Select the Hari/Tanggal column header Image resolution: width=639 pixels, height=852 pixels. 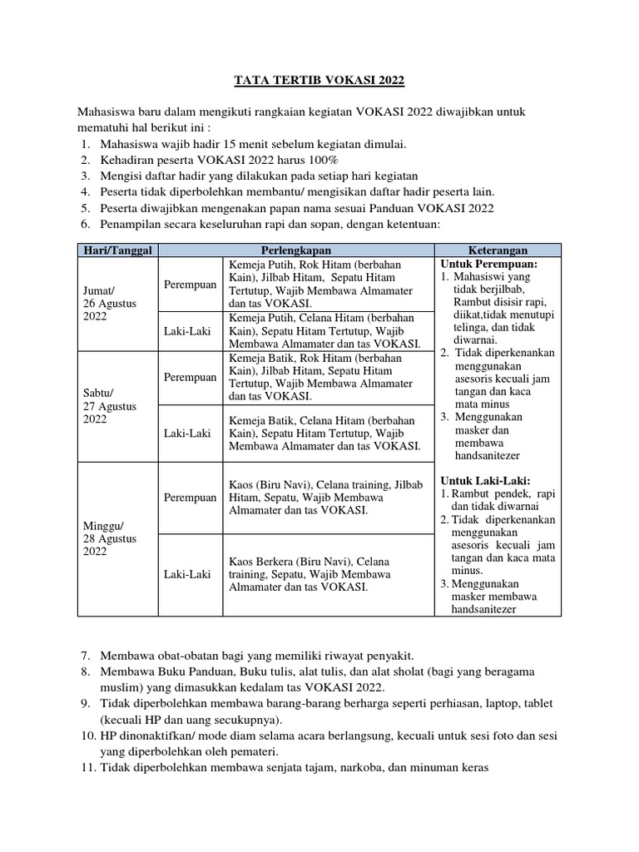click(117, 250)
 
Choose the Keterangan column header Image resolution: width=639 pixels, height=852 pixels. click(498, 250)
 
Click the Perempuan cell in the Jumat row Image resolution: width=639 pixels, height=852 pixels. click(190, 285)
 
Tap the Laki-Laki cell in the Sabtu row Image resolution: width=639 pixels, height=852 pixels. click(187, 433)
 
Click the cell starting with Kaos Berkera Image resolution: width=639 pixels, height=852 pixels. click(308, 574)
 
